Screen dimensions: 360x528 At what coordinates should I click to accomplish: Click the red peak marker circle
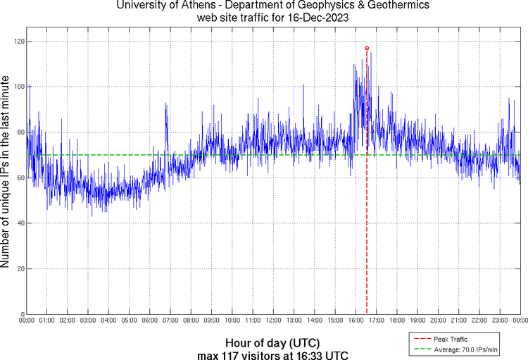tap(367, 48)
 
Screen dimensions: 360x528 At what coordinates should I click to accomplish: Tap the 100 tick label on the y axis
tap(19, 87)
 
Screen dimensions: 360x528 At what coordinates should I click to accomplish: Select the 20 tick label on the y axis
tap(21, 269)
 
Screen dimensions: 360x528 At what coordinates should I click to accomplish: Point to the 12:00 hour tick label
tap(273, 321)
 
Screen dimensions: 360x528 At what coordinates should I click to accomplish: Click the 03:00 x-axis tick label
tap(88, 321)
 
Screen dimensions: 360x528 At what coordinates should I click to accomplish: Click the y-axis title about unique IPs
tap(6, 172)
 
